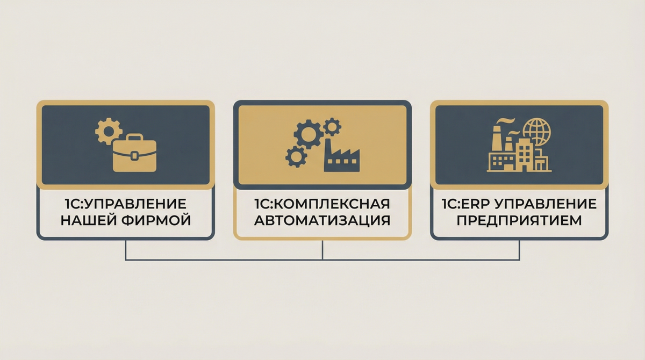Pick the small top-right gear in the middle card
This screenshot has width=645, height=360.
(332, 126)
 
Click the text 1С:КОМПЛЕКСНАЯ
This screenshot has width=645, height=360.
(322, 204)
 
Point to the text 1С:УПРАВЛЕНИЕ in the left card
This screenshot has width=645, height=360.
(126, 204)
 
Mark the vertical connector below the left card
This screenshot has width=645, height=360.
(126, 250)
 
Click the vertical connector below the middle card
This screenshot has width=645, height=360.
(322, 250)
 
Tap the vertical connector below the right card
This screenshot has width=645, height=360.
(519, 250)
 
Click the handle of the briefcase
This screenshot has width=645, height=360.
(134, 140)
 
